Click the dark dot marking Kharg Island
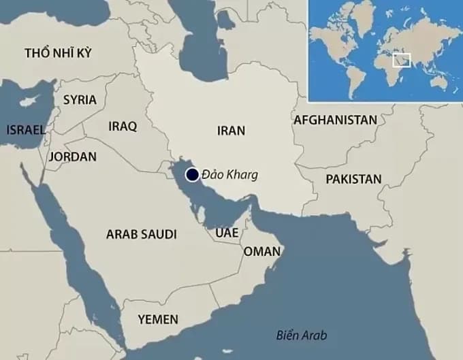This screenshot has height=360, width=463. click(x=193, y=175)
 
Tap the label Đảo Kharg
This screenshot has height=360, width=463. click(x=229, y=175)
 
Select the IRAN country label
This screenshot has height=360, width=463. click(x=231, y=130)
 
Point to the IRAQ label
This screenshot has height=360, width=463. click(x=123, y=126)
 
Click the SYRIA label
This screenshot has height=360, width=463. click(x=80, y=99)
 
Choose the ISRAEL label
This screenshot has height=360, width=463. click(x=25, y=129)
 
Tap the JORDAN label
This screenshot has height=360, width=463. click(x=73, y=157)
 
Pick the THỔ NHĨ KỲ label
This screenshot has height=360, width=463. click(x=57, y=53)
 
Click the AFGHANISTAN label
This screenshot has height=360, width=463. click(x=335, y=120)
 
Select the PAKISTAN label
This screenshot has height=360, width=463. click(x=353, y=179)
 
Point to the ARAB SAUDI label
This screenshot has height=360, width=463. click(x=141, y=234)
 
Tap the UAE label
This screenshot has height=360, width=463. click(x=227, y=233)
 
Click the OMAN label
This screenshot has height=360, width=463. click(x=262, y=251)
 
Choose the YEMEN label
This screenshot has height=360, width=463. click(x=158, y=318)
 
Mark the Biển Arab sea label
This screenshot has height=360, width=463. click(x=302, y=336)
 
